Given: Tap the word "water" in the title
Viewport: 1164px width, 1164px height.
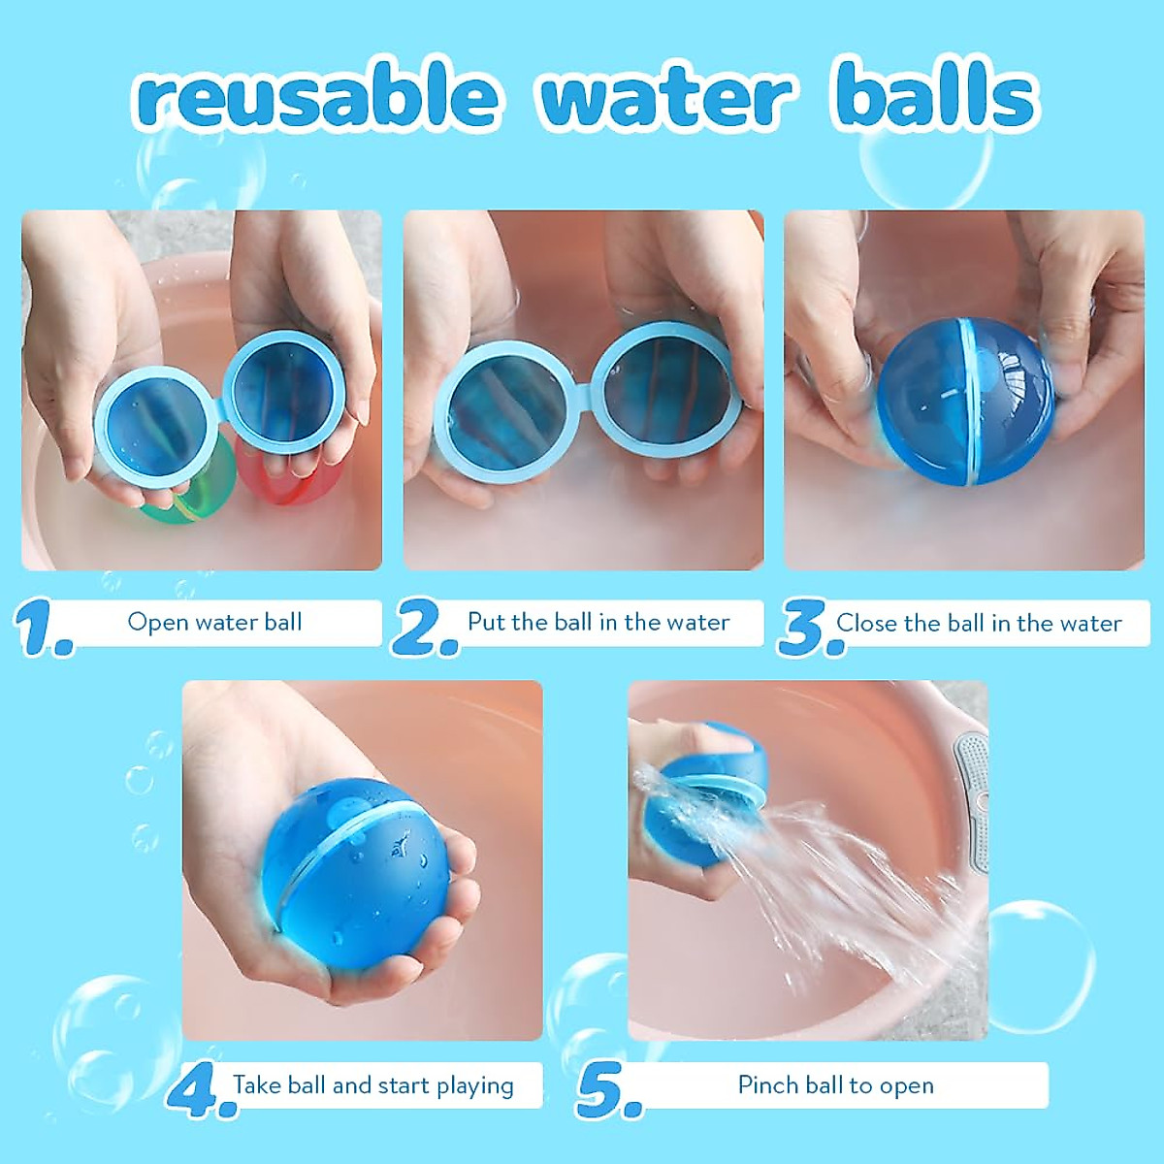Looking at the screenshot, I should point(666,97).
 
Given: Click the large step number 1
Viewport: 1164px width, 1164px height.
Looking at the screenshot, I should point(44,628).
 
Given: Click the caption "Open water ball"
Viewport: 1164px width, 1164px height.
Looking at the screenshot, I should point(214,622).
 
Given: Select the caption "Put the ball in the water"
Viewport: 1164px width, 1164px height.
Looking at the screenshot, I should point(598,622).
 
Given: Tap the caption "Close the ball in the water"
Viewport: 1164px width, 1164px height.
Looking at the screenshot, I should point(979,623).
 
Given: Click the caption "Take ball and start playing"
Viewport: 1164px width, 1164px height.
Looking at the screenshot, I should point(373,1084).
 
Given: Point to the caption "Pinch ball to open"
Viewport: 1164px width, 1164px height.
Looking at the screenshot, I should point(836,1084).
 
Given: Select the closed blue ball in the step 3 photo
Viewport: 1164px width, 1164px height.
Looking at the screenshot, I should point(965,401).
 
